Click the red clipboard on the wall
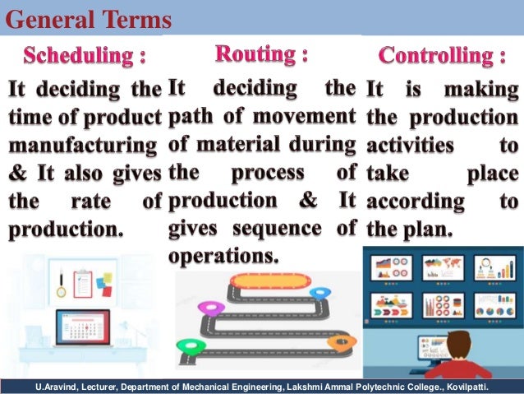83,284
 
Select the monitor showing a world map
443,267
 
